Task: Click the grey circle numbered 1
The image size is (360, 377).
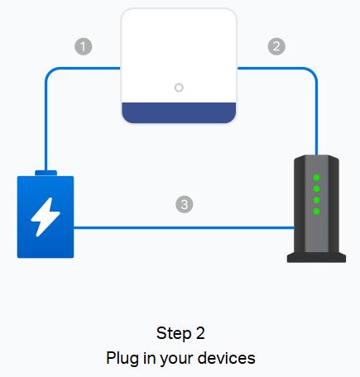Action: tap(84, 46)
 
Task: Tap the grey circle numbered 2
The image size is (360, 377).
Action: tap(276, 46)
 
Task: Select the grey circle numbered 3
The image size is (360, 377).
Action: tap(185, 204)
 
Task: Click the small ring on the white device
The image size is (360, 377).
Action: tap(179, 88)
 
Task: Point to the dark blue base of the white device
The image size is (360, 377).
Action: tap(179, 112)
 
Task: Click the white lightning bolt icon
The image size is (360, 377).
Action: tap(46, 217)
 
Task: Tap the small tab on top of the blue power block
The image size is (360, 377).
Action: tap(46, 173)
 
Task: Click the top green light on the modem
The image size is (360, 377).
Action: tap(316, 178)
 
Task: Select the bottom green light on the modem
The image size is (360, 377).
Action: tap(316, 212)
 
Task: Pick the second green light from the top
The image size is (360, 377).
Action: tap(316, 188)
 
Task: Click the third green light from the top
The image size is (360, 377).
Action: tap(316, 200)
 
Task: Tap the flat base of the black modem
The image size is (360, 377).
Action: tap(316, 257)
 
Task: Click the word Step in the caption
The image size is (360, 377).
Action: tap(174, 334)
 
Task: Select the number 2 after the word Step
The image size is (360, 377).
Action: tap(200, 333)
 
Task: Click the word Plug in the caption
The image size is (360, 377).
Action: tap(123, 359)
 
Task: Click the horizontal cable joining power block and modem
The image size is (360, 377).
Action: tap(185, 227)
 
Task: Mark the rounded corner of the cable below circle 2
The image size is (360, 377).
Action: tap(312, 73)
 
